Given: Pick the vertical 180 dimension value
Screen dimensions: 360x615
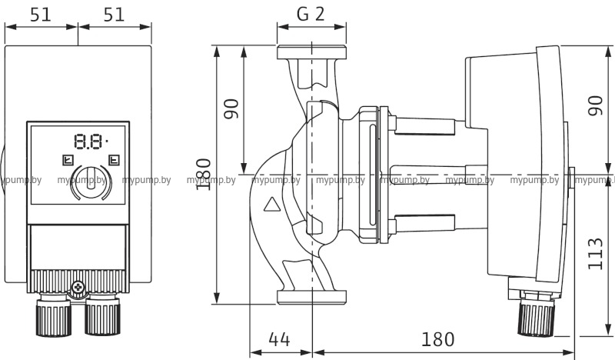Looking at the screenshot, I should (203, 175).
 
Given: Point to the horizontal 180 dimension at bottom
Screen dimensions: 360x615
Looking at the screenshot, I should (438, 338).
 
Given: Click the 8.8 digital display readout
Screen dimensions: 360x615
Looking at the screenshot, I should (88, 142).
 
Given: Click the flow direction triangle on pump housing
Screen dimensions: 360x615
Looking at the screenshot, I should (272, 206).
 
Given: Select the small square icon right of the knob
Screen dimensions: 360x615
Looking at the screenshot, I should (114, 162).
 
